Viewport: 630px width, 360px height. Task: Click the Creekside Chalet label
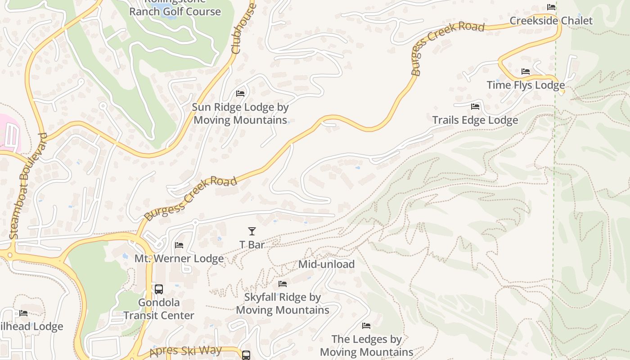pyautogui.click(x=551, y=21)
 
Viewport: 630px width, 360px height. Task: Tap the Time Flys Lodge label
pyautogui.click(x=526, y=85)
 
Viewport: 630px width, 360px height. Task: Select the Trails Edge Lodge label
pyautogui.click(x=475, y=120)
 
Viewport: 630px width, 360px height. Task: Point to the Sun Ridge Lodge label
pyautogui.click(x=240, y=113)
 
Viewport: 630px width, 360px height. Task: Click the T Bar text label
pyautogui.click(x=252, y=245)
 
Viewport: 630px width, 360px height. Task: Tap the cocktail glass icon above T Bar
pyautogui.click(x=252, y=231)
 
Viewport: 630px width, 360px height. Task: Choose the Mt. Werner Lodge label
pyautogui.click(x=179, y=259)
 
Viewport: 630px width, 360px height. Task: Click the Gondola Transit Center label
pyautogui.click(x=159, y=309)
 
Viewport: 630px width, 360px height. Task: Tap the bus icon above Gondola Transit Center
pyautogui.click(x=158, y=289)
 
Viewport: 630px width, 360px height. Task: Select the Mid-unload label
pyautogui.click(x=326, y=264)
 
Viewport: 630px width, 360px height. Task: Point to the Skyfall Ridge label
pyautogui.click(x=283, y=304)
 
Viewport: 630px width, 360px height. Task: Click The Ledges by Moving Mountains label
pyautogui.click(x=367, y=345)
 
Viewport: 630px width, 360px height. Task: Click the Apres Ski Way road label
pyautogui.click(x=185, y=351)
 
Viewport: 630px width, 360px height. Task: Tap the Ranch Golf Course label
pyautogui.click(x=175, y=11)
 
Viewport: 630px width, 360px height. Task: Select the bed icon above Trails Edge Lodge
pyautogui.click(x=475, y=107)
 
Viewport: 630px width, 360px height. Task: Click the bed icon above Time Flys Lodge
pyautogui.click(x=525, y=72)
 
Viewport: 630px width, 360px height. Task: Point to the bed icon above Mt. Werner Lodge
pyautogui.click(x=179, y=245)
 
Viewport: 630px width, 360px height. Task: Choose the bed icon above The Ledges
pyautogui.click(x=366, y=325)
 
